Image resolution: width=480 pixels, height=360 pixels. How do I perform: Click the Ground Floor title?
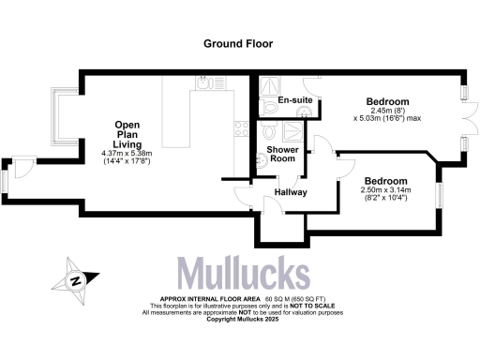[x=240, y=43]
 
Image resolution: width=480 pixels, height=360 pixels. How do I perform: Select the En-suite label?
[x=294, y=99]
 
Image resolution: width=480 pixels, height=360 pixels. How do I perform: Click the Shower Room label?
[x=282, y=155]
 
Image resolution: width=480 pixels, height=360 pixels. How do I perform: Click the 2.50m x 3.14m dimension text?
[x=385, y=191]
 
